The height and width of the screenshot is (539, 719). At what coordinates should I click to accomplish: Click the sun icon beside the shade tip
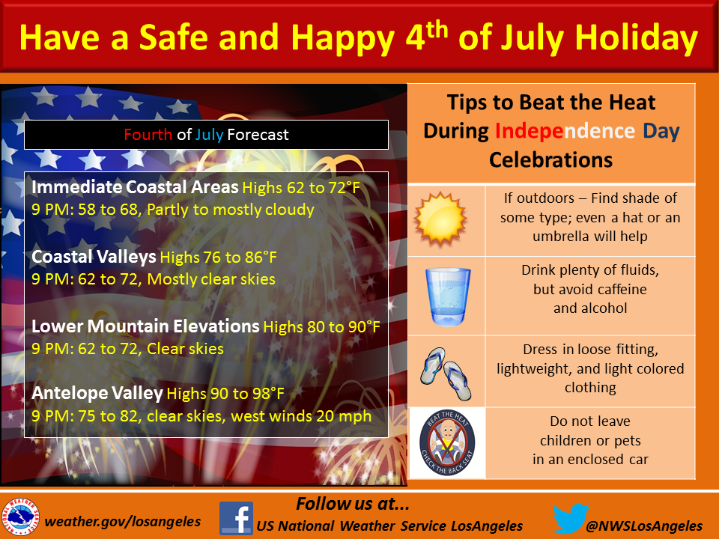click(440, 219)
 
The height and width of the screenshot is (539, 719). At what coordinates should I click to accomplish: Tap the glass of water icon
click(448, 297)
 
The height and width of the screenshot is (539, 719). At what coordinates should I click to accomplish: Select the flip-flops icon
click(446, 374)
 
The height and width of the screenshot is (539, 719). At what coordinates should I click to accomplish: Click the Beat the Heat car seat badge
click(447, 442)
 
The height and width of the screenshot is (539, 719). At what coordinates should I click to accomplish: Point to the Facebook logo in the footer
click(236, 518)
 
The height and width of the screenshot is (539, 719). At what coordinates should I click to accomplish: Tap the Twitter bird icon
click(571, 518)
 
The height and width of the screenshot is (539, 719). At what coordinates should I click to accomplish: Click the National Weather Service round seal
click(20, 517)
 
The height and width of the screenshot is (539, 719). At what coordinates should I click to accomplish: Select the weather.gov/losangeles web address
click(122, 521)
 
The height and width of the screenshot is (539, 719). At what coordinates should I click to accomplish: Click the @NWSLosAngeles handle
click(644, 526)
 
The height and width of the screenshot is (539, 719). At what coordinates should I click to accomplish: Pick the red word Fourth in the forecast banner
click(148, 135)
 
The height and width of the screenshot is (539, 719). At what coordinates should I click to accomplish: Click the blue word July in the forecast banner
click(209, 135)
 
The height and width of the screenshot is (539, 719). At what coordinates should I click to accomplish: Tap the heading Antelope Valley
click(97, 393)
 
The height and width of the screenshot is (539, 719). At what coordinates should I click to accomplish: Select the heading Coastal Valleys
click(94, 257)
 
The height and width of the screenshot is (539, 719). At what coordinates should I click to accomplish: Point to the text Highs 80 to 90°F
click(321, 327)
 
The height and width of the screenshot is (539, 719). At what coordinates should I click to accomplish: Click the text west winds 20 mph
click(301, 415)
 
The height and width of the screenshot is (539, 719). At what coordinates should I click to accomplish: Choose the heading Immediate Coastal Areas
click(135, 187)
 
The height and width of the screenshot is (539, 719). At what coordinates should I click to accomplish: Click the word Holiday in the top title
click(636, 38)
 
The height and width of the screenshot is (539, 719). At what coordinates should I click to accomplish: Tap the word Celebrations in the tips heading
click(550, 160)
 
